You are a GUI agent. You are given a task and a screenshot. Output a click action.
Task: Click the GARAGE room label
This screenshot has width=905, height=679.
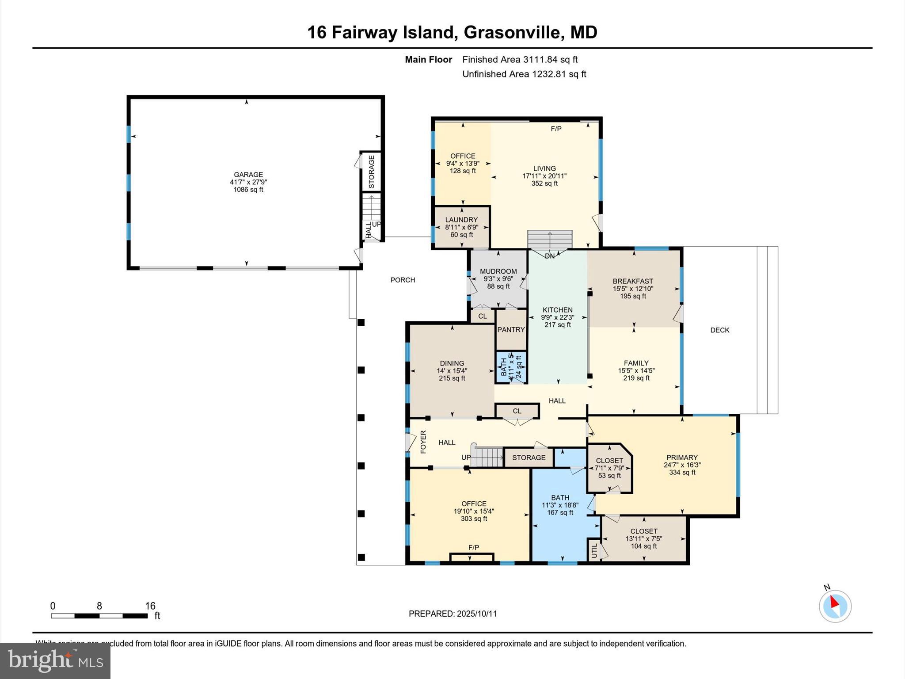(248, 175)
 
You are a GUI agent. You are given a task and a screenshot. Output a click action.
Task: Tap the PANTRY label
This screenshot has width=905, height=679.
(511, 330)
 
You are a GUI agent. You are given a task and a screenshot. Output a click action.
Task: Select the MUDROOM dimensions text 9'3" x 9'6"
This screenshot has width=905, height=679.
(498, 279)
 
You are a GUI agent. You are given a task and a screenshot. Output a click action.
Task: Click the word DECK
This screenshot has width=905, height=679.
(719, 330)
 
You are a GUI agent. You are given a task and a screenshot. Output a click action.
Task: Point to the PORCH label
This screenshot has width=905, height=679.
(403, 280)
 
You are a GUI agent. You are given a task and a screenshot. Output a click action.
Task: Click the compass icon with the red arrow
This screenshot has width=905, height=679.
(835, 606)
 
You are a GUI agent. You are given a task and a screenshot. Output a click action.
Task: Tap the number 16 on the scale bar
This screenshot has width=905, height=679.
(150, 606)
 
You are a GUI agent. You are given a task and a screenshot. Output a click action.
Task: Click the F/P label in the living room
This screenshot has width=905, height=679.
(556, 129)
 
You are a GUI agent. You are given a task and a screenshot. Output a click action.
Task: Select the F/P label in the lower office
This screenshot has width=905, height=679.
(473, 548)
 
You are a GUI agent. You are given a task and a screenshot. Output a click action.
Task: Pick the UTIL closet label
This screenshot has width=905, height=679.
(594, 551)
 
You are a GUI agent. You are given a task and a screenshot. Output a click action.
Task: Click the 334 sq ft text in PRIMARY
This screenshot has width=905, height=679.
(682, 472)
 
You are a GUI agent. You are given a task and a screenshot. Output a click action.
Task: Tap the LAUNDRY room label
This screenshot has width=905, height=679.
(461, 220)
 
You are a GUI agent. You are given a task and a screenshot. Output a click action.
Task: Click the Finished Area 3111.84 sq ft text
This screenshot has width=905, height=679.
(520, 60)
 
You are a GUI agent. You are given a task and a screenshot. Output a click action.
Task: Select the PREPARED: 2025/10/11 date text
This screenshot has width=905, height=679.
(452, 614)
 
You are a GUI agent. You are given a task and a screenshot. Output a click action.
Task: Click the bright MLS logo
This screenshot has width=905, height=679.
(55, 660)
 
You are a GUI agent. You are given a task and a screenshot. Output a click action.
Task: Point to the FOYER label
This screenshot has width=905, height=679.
(423, 442)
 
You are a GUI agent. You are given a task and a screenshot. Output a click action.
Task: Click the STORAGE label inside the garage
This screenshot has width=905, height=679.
(372, 172)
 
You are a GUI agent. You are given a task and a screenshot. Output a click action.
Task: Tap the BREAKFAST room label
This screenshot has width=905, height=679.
(632, 281)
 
